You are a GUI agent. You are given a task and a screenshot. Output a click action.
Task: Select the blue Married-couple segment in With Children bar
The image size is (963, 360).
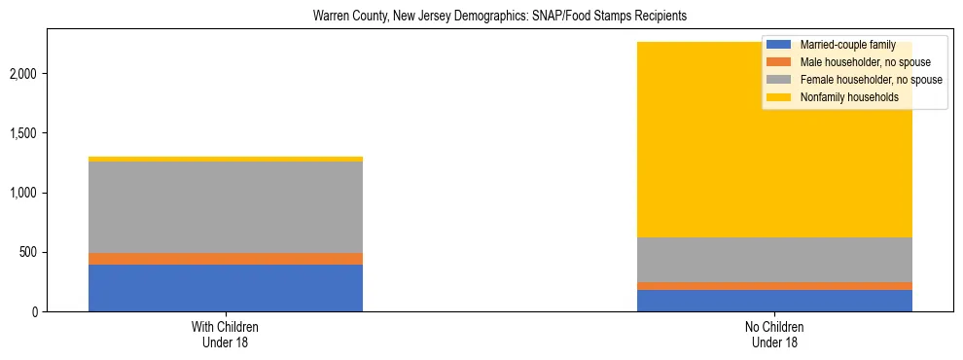(226, 288)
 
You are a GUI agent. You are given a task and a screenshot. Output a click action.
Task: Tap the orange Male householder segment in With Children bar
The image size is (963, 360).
(226, 259)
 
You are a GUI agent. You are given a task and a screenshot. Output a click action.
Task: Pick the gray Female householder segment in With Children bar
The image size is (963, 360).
(226, 207)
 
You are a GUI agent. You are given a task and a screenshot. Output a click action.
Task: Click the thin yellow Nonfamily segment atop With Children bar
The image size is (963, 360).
(226, 159)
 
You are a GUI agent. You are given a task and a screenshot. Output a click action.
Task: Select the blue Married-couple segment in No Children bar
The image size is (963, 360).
(775, 301)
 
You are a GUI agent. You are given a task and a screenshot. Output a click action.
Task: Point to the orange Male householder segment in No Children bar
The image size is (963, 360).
(775, 286)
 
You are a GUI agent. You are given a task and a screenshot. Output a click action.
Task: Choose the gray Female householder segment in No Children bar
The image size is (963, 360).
(775, 260)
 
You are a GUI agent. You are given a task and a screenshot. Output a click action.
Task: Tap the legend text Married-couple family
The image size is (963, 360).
(847, 45)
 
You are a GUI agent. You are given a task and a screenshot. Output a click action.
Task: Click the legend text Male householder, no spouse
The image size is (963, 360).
(865, 62)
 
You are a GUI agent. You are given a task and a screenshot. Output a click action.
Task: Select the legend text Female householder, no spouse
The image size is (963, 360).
(871, 80)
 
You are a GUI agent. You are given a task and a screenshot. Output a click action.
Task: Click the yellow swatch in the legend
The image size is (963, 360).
(779, 97)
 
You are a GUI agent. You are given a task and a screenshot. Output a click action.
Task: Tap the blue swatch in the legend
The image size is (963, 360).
(779, 45)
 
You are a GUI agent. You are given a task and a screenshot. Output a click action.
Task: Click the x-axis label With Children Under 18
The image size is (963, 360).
(226, 335)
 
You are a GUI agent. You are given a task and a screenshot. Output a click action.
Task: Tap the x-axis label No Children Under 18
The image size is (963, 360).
(775, 335)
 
